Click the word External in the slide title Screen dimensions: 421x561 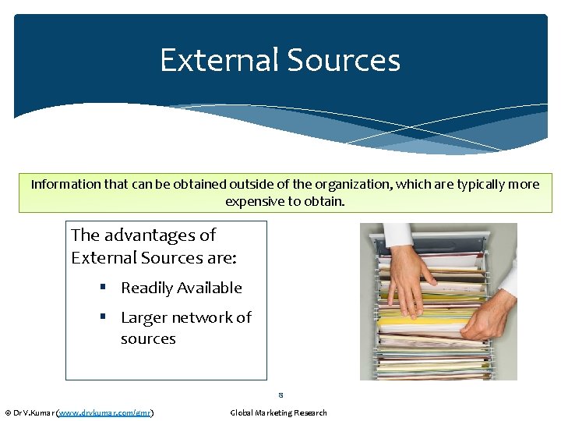pyautogui.click(x=219, y=61)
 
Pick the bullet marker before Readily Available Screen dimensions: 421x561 pyautogui.click(x=103, y=288)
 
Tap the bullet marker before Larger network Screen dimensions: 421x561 pyautogui.click(x=103, y=317)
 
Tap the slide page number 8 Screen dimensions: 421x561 pyautogui.click(x=280, y=395)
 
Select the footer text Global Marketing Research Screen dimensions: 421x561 pyautogui.click(x=278, y=412)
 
